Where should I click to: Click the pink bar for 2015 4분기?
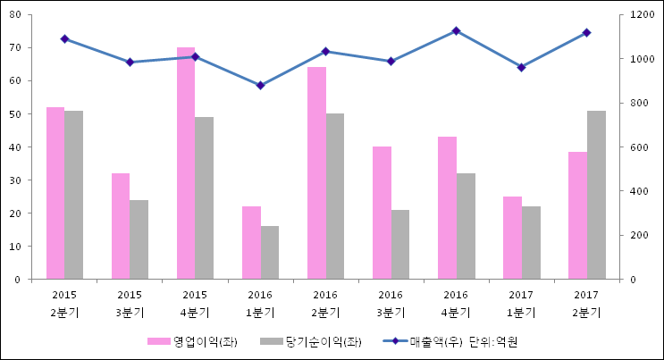186,163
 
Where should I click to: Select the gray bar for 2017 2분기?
596,195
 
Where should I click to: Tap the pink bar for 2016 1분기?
251,243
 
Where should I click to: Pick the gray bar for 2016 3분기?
400,245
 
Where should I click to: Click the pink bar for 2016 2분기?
316,173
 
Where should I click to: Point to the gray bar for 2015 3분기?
139,239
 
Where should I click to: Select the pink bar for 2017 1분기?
512,238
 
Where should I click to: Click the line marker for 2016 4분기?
456,31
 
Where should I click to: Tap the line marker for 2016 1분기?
260,86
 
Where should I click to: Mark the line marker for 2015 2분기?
64,39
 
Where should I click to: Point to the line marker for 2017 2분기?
586,32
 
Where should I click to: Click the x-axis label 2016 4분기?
456,304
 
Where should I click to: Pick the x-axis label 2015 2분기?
64,304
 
